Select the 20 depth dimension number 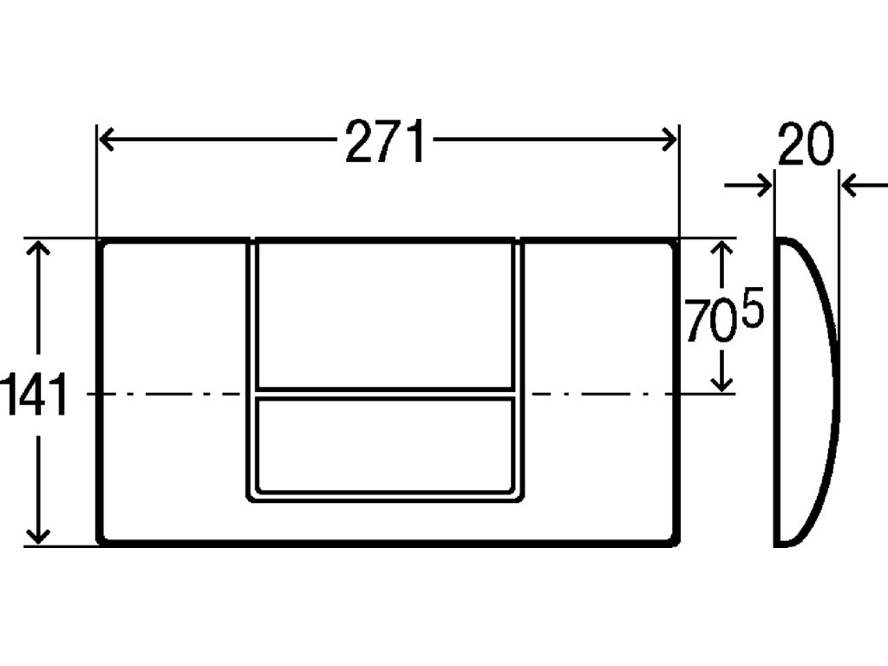tap(805, 145)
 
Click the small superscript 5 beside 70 tap(754, 310)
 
